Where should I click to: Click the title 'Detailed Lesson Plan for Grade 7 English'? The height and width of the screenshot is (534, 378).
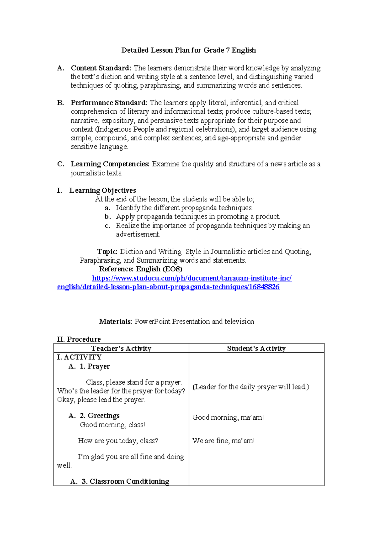189,50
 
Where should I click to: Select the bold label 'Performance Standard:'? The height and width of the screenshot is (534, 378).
109,103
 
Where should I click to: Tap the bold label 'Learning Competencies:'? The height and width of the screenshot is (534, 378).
110,164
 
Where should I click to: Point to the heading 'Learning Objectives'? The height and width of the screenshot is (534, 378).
103,190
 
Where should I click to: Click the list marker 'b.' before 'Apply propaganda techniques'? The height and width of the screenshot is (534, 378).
108,217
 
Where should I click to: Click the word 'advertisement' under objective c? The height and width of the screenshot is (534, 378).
138,234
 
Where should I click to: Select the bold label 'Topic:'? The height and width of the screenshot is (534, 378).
107,252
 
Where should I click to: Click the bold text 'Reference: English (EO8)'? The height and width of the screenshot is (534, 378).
140,269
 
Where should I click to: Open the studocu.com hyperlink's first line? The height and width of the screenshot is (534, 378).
192,278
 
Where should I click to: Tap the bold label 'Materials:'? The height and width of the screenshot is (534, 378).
115,321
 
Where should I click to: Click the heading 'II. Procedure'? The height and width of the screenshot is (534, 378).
79,339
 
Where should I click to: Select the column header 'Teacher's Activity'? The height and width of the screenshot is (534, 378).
121,349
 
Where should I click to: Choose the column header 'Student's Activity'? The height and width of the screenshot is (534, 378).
256,349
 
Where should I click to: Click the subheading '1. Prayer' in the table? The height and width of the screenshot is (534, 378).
94,366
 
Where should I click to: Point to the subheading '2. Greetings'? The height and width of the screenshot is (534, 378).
100,416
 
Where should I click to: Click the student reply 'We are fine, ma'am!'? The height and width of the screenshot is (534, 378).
223,441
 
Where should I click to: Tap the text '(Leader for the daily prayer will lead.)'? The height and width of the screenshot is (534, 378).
251,387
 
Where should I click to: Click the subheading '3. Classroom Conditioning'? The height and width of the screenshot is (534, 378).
125,481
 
